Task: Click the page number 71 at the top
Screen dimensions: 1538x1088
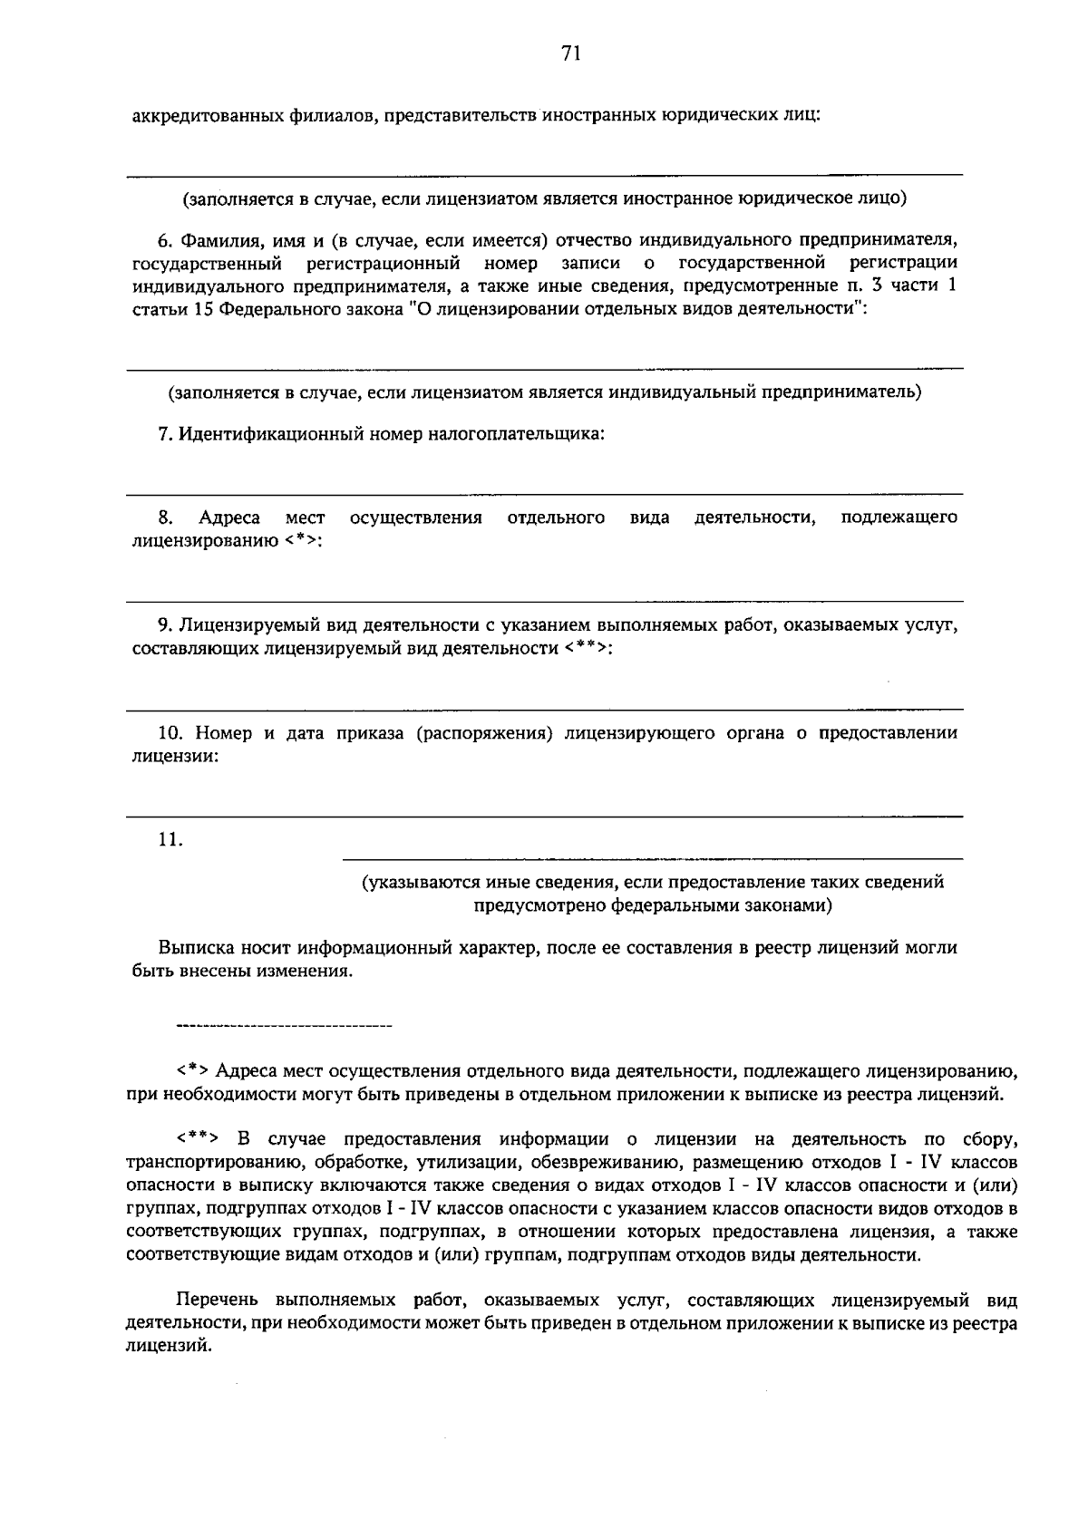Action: coord(570,54)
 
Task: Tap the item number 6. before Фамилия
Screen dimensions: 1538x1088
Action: coord(165,240)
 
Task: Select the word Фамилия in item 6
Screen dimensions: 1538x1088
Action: coord(215,240)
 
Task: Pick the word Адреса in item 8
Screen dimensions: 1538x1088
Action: coord(229,518)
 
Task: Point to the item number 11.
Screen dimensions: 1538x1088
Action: coord(170,840)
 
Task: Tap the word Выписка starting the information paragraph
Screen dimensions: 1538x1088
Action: coord(194,948)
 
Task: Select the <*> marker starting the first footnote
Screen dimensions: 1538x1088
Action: coord(194,1070)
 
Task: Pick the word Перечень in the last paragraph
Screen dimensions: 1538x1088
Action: coord(215,1301)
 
